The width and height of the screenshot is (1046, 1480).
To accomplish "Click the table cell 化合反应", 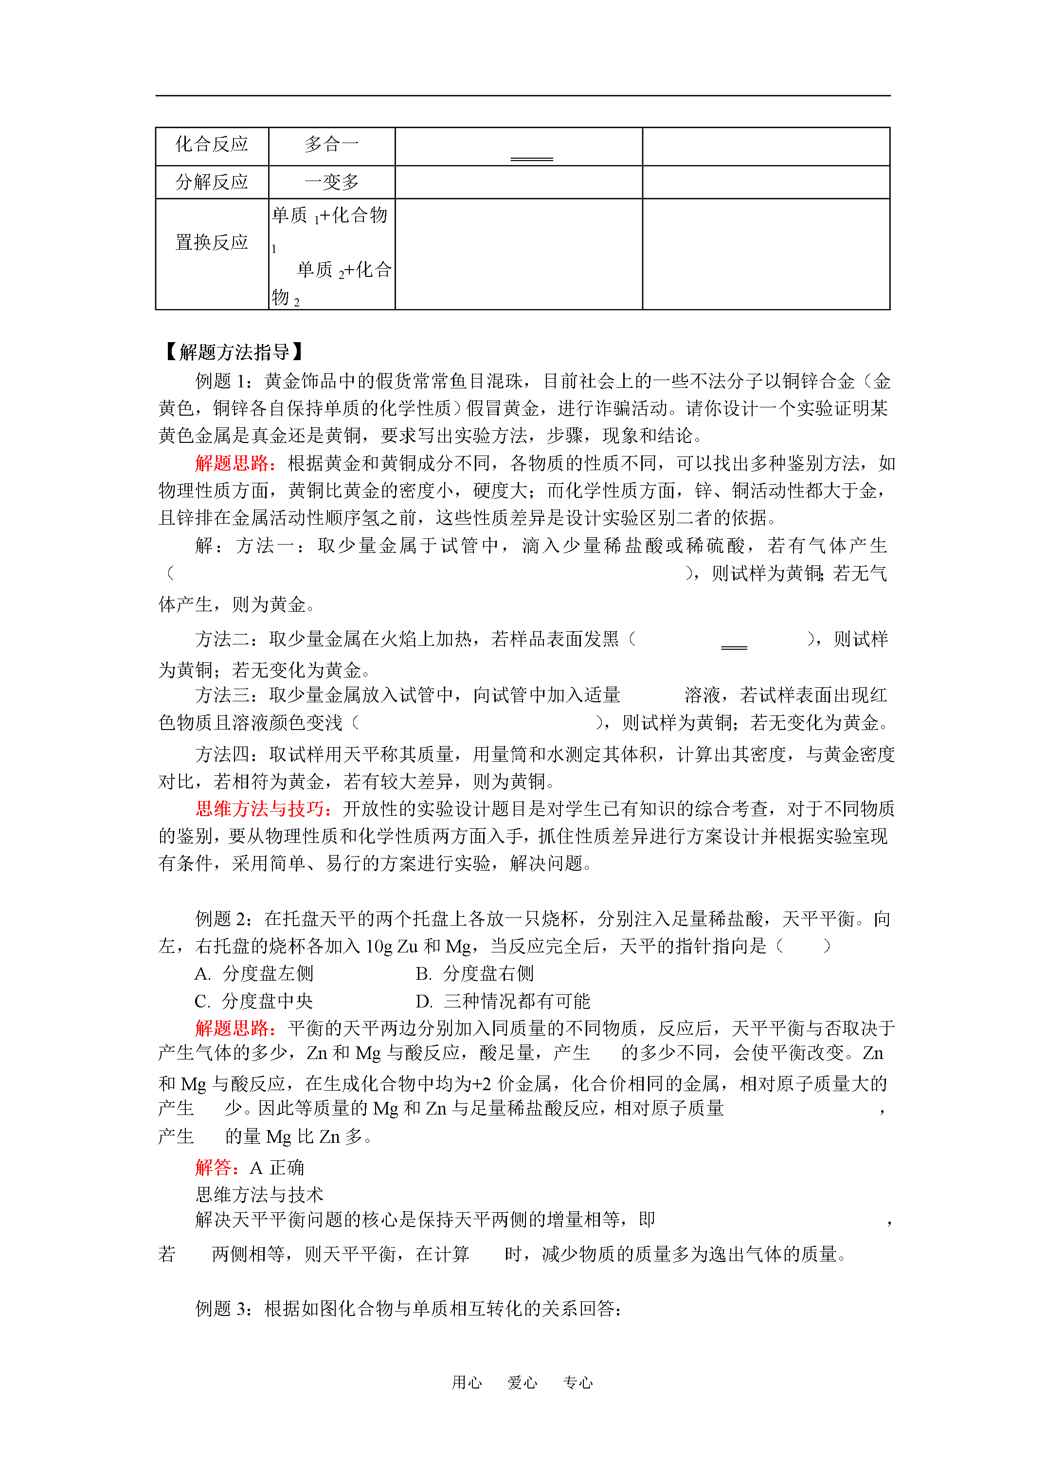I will point(212,145).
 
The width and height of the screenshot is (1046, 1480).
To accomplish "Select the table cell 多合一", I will point(331,145).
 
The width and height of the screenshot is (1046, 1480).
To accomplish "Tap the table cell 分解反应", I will point(212,182).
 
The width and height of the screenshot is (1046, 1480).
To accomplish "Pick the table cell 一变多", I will point(331,182).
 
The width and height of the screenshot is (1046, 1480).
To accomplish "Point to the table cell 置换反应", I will point(212,242).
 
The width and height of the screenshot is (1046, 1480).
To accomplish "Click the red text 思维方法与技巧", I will point(263,809).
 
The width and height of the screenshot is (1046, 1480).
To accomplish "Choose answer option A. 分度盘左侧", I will point(254,974).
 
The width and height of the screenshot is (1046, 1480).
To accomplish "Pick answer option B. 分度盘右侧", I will point(474,974).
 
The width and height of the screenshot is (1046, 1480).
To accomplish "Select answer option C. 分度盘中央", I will point(254,1001).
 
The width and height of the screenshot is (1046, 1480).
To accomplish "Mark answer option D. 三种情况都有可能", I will point(503,1001).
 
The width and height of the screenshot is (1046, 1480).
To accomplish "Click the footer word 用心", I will point(467,1382).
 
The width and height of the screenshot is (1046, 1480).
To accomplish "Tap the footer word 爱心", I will point(522,1382).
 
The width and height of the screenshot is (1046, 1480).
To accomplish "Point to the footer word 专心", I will point(577,1382).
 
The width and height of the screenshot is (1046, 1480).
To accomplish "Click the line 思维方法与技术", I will point(259,1194).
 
